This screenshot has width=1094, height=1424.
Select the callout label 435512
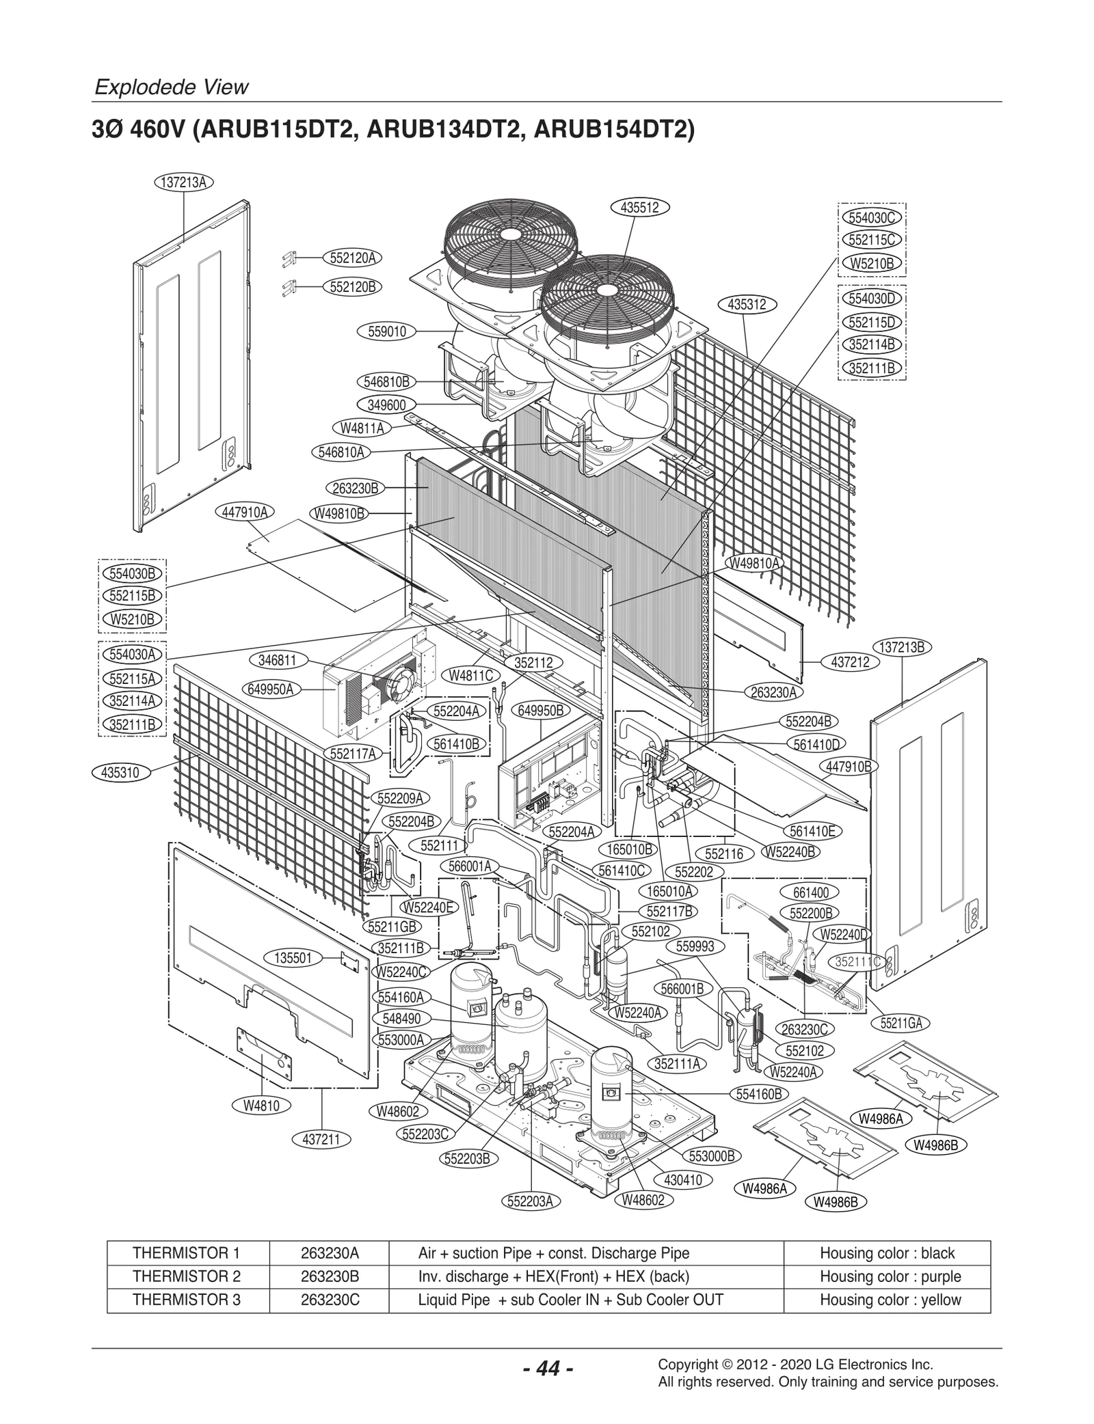[639, 208]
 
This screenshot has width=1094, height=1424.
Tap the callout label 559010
[387, 331]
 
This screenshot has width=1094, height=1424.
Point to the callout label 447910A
[245, 512]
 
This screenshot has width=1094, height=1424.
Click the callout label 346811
[277, 659]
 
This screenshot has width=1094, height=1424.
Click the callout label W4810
[261, 1105]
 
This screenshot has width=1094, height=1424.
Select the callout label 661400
[810, 892]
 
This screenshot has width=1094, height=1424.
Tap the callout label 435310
[120, 773]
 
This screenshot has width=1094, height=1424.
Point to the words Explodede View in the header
[171, 87]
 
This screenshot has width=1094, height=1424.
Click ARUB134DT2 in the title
[447, 129]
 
